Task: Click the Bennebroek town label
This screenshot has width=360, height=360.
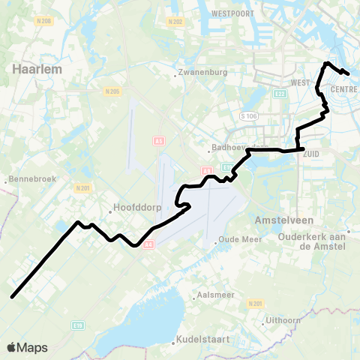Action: tap(30, 181)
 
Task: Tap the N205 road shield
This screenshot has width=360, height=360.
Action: tap(112, 91)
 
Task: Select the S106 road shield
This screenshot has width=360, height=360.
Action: tap(248, 116)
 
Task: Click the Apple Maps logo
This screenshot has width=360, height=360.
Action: tap(27, 347)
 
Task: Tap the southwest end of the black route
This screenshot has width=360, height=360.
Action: tap(12, 297)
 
